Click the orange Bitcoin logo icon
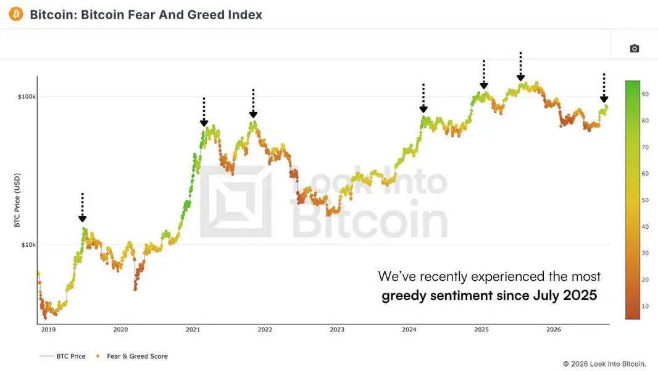click(x=16, y=14)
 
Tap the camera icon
click(x=635, y=48)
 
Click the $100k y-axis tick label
click(x=27, y=96)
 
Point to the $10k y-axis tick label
click(x=28, y=244)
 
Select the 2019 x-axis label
click(x=48, y=330)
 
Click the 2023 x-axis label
click(x=337, y=330)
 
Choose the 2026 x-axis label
click(x=554, y=330)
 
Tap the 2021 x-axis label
click(x=193, y=330)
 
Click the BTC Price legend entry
click(x=62, y=356)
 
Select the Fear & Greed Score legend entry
click(x=131, y=356)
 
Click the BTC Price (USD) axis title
click(x=17, y=200)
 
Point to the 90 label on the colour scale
click(x=645, y=94)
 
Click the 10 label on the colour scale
click(x=645, y=306)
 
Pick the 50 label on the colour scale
click(x=645, y=200)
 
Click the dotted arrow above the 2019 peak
click(x=82, y=207)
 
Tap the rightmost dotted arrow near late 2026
click(x=604, y=88)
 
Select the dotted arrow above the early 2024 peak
click(x=423, y=98)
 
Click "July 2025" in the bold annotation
click(x=565, y=295)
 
